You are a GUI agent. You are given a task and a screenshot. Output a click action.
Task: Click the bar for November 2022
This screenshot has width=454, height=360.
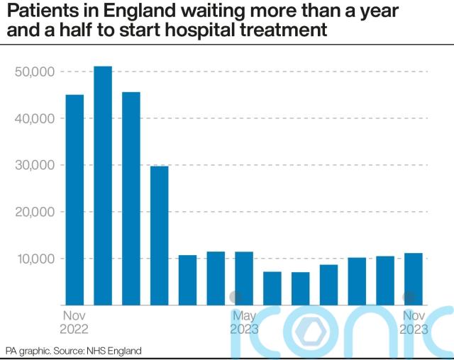74,200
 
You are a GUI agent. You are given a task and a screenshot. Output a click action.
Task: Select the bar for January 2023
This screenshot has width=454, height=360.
131,198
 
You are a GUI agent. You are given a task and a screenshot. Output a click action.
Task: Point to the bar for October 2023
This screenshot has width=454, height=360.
385,280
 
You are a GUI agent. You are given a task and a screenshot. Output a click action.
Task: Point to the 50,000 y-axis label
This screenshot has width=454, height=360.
35,72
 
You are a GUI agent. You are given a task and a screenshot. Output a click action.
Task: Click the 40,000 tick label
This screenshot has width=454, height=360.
35,119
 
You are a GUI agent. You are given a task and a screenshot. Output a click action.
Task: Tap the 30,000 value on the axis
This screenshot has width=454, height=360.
35,166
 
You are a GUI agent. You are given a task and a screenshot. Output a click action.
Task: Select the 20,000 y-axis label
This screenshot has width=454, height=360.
35,212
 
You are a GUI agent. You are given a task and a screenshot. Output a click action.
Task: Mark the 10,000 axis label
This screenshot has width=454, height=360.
35,259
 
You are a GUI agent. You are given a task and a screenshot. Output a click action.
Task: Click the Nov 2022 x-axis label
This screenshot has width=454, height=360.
74,322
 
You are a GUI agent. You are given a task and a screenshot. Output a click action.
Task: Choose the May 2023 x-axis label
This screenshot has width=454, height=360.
244,322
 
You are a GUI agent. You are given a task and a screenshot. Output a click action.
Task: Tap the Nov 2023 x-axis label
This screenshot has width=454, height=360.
414,322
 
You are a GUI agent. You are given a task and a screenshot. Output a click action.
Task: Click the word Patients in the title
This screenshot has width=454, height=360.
38,12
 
